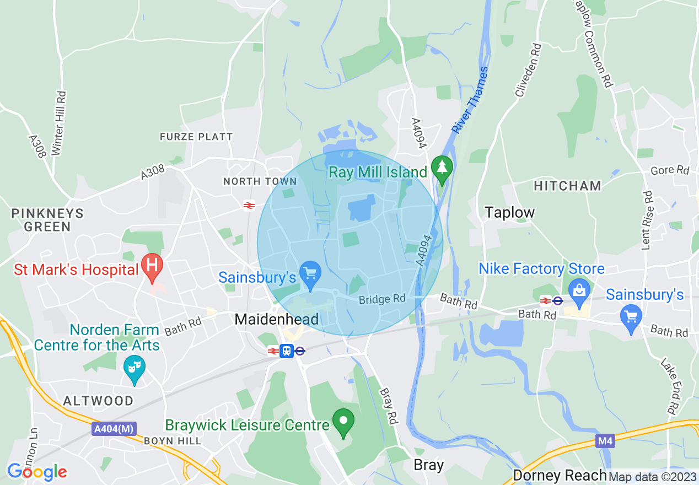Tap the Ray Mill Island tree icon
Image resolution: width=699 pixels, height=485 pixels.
click(442, 168)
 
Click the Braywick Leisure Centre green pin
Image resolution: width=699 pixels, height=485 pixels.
click(344, 422)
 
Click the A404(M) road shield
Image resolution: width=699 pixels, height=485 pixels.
click(114, 428)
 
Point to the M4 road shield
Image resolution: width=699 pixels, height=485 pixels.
click(605, 441)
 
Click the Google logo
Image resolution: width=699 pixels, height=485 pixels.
click(37, 472)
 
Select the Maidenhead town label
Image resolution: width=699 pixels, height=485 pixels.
click(276, 319)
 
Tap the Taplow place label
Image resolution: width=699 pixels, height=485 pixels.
click(510, 213)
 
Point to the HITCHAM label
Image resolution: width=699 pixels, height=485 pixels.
click(567, 186)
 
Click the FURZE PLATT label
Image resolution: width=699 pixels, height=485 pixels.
click(196, 136)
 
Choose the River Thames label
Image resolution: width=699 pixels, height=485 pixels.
click(470, 100)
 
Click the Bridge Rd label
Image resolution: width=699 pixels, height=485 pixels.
click(382, 299)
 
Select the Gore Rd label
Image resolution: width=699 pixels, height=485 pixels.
click(670, 170)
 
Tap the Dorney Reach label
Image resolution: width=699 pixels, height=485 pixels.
click(560, 475)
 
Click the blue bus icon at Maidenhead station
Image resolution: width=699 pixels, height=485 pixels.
click(286, 351)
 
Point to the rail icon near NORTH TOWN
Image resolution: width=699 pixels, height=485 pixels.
click(249, 206)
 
